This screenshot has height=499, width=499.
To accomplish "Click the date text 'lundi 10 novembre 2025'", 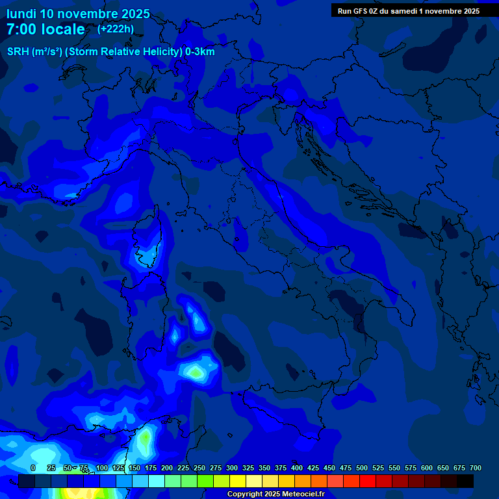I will click(x=78, y=14).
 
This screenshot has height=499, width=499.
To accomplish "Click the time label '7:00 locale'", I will click(x=45, y=29).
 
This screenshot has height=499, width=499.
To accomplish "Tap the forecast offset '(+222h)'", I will click(x=116, y=29).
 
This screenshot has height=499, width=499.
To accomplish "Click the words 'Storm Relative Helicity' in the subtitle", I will click(x=127, y=51).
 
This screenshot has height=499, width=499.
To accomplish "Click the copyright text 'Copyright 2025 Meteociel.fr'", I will click(x=275, y=494).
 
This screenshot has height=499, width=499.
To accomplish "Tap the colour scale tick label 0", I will click(x=33, y=468).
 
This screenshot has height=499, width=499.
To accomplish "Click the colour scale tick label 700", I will click(x=475, y=468).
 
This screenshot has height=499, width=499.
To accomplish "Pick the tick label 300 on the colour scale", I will click(x=232, y=468).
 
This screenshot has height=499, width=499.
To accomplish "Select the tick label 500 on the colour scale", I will click(x=362, y=468).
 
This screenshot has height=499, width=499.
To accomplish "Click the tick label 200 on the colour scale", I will click(x=167, y=468).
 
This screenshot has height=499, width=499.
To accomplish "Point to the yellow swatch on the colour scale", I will click(x=238, y=481).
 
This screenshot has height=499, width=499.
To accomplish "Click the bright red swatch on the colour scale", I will click(x=368, y=481).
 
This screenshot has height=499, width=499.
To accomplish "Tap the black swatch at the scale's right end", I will click(x=465, y=481).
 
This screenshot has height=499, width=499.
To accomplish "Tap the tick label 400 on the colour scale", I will click(x=297, y=468).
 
